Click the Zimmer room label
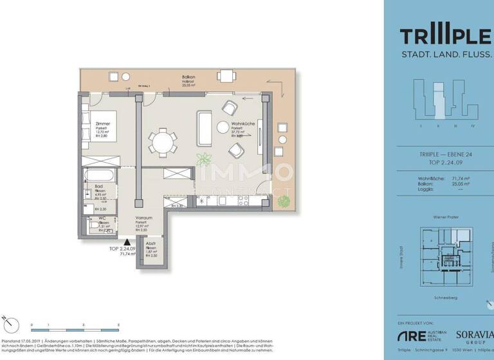coord(102,123)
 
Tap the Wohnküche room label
coord(244,123)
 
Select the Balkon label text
coord(188,77)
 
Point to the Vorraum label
coord(143,218)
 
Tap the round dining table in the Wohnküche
coord(162,140)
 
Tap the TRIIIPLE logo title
coord(446,36)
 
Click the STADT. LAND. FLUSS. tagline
coord(446,56)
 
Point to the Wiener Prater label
coord(445,218)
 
